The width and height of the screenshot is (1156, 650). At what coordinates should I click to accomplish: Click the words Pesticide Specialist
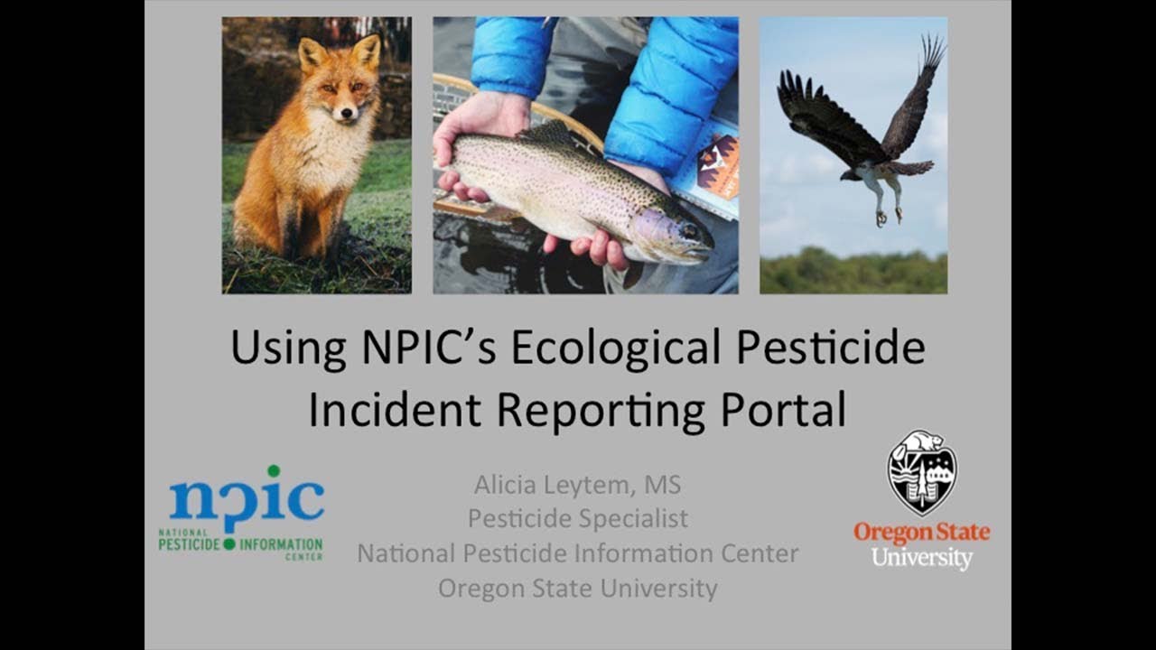pos(577,518)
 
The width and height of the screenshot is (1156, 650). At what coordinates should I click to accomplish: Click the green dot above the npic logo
pos(273,471)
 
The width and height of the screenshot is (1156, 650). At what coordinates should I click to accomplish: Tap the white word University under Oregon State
pos(921,557)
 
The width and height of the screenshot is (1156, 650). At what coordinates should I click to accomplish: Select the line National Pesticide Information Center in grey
pos(577,552)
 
